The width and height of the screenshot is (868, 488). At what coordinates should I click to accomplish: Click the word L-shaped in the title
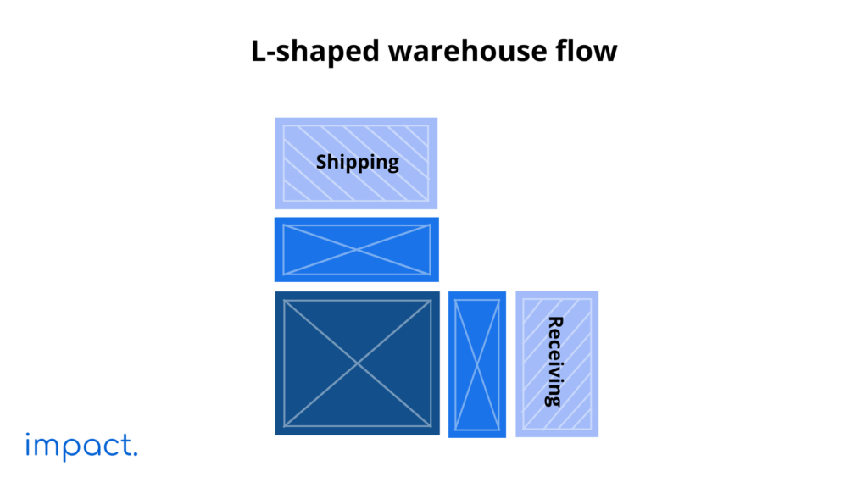click(314, 52)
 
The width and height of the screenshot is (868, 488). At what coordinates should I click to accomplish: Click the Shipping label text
click(357, 162)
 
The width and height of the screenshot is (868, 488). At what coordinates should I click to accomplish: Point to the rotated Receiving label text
click(555, 362)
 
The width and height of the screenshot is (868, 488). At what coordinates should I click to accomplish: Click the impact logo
click(81, 446)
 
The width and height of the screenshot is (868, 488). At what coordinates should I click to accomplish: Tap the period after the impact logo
click(134, 456)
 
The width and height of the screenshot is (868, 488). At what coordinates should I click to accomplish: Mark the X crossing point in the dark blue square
click(357, 363)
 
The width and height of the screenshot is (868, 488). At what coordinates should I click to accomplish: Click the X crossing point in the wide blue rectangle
click(357, 250)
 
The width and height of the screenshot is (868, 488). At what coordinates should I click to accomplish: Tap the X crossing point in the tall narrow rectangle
click(477, 364)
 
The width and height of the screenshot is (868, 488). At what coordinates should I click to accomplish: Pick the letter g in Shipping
click(392, 164)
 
